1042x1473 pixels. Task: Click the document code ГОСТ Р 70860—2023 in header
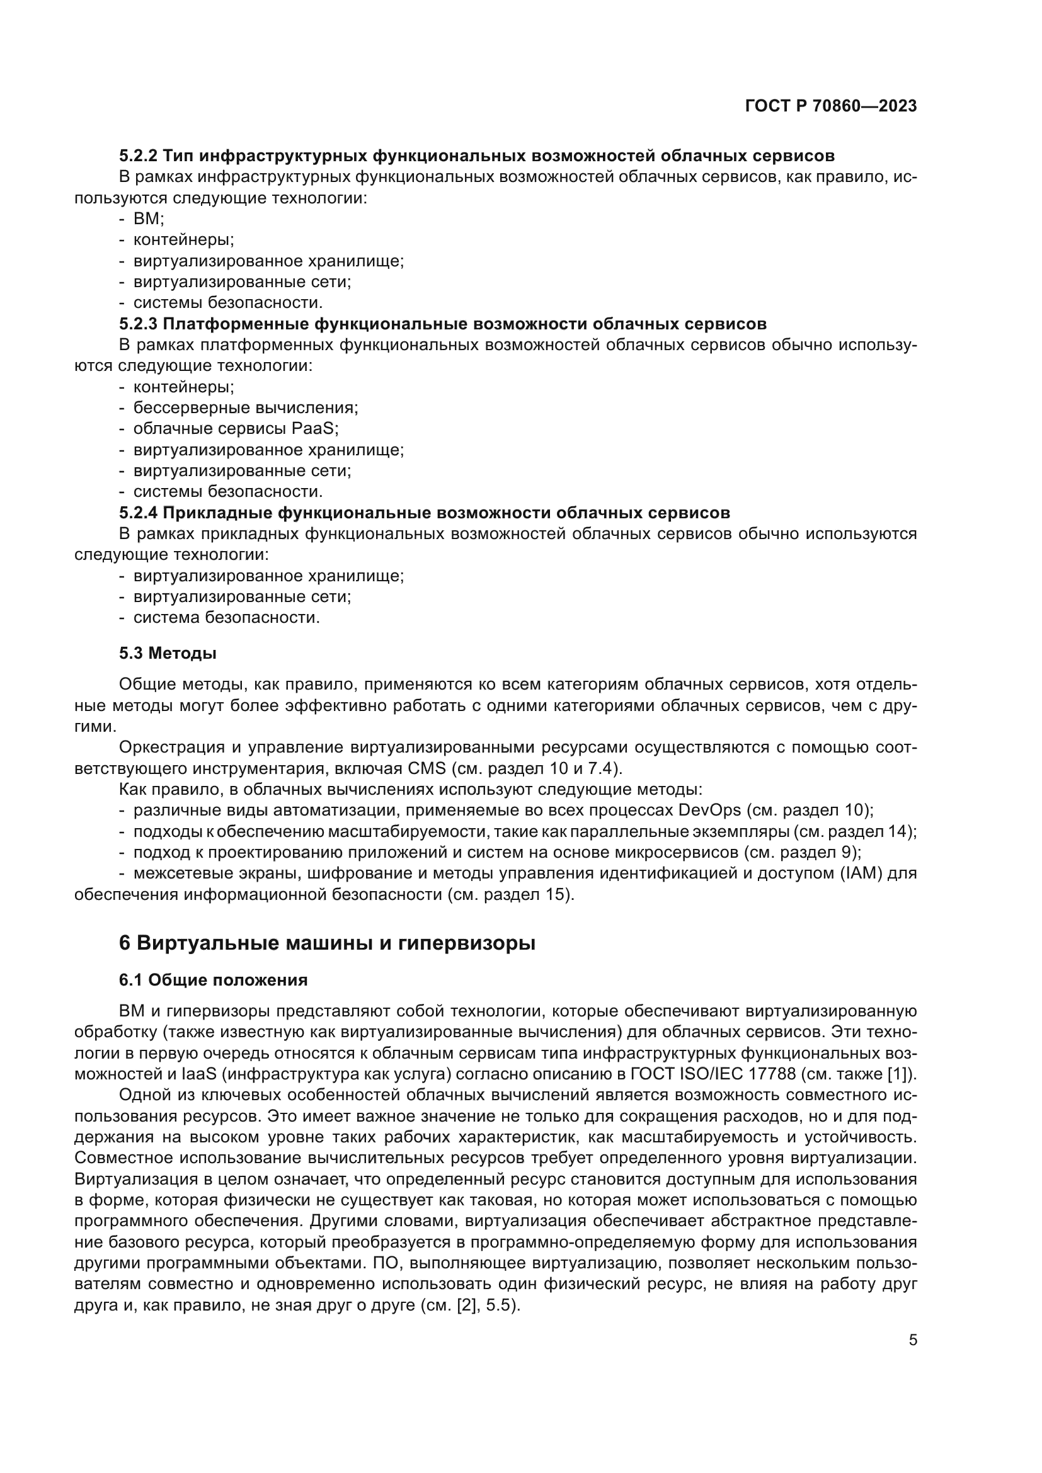tap(831, 106)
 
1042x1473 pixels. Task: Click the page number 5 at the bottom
tap(913, 1339)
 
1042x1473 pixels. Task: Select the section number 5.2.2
tap(137, 156)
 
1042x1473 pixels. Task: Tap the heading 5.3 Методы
tap(168, 653)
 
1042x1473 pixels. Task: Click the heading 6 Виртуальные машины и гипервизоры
tap(326, 943)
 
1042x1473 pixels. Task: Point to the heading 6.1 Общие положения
tap(213, 980)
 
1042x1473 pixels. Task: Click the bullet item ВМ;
tap(148, 219)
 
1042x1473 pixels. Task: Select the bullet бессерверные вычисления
tap(245, 407)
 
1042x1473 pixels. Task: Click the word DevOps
tap(709, 810)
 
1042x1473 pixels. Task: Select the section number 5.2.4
tap(137, 513)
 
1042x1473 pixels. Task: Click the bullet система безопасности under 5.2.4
tap(226, 618)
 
